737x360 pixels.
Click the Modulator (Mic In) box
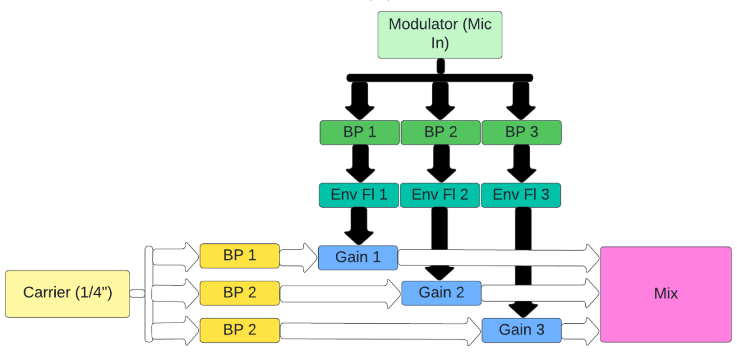tap(440, 35)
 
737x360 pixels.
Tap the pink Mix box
tap(666, 294)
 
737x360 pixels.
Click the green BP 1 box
tap(359, 133)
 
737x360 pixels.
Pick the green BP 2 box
tap(440, 133)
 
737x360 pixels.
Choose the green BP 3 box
tap(521, 133)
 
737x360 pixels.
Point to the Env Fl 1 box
tap(359, 195)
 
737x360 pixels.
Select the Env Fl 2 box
tap(440, 195)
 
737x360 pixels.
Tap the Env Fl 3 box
tap(521, 195)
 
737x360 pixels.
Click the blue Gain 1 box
tap(358, 257)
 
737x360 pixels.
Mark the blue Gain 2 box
tap(441, 293)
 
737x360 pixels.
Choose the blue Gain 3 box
tap(521, 330)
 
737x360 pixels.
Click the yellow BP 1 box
tap(240, 256)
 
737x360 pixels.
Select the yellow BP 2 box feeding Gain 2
tap(240, 293)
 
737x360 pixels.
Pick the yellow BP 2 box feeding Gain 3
tap(240, 330)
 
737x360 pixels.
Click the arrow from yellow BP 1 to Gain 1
tap(298, 257)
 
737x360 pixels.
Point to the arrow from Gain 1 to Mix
tap(497, 257)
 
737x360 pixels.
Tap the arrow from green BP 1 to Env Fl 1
tap(359, 163)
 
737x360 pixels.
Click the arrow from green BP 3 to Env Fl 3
tap(521, 163)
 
